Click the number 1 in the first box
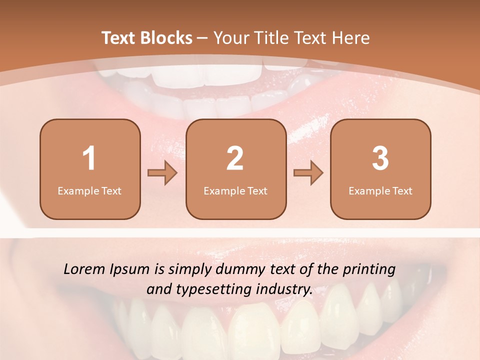click(x=89, y=158)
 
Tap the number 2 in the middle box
click(x=235, y=158)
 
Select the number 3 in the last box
click(x=380, y=158)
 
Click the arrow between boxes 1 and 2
click(x=162, y=173)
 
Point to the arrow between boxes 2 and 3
click(x=308, y=173)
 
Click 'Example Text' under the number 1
click(x=89, y=191)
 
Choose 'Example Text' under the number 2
click(x=235, y=191)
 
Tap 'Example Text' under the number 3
click(x=380, y=191)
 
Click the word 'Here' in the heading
click(x=351, y=38)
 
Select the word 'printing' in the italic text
click(x=369, y=270)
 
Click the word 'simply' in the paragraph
click(x=191, y=270)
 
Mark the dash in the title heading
click(x=203, y=38)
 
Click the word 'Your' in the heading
click(x=229, y=38)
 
